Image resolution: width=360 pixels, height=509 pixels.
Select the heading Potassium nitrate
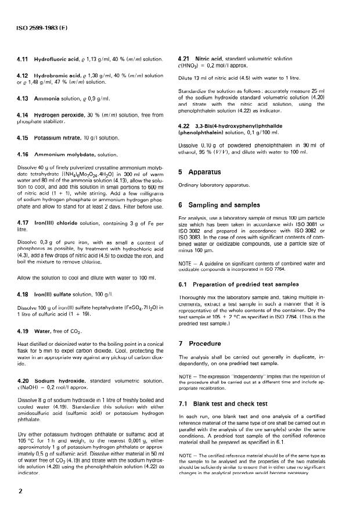coord(62,139)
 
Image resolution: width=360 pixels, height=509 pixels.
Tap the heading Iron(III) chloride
coord(64,239)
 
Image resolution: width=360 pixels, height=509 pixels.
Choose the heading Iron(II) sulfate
coord(61,296)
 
